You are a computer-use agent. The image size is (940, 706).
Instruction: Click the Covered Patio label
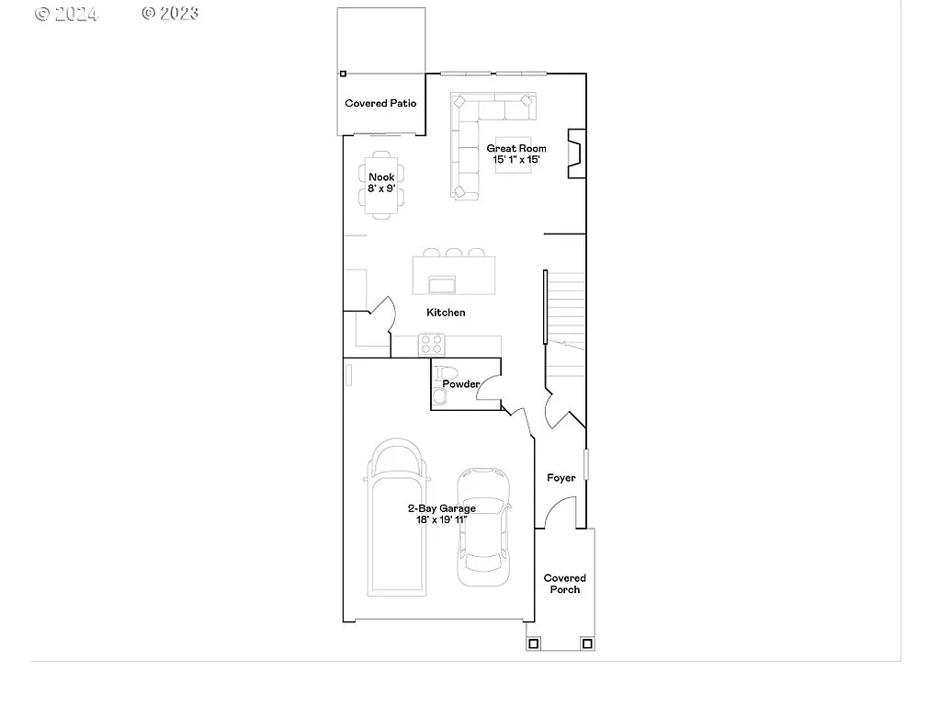pyautogui.click(x=380, y=103)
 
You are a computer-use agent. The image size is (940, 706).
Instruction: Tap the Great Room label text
pyautogui.click(x=516, y=148)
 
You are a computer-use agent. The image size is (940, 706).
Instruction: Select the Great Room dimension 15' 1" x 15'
pyautogui.click(x=516, y=160)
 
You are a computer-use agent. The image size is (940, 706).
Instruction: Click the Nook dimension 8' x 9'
pyautogui.click(x=380, y=188)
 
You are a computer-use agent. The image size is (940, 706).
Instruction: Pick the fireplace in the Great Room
pyautogui.click(x=576, y=154)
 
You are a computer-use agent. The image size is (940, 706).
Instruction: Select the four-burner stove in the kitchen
pyautogui.click(x=432, y=344)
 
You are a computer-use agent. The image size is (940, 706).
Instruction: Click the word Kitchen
pyautogui.click(x=446, y=313)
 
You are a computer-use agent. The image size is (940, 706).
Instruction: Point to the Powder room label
pyautogui.click(x=461, y=384)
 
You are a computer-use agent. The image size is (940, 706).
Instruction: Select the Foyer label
pyautogui.click(x=561, y=478)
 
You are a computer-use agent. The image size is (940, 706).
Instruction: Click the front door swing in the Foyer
pyautogui.click(x=561, y=513)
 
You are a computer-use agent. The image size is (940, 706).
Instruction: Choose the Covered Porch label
pyautogui.click(x=565, y=584)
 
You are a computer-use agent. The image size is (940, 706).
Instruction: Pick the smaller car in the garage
pyautogui.click(x=484, y=526)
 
